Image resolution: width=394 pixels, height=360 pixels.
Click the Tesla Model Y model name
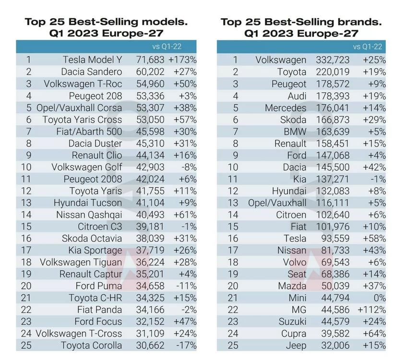pyautogui.click(x=92, y=60)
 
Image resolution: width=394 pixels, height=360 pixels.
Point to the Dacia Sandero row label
pyautogui.click(x=91, y=72)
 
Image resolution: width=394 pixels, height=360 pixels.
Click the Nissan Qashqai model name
pyautogui.click(x=89, y=215)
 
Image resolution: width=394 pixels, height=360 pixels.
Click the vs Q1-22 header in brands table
pyautogui.click(x=368, y=47)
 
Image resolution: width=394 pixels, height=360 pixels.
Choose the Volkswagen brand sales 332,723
pyautogui.click(x=333, y=60)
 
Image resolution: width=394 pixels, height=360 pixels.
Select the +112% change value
pyautogui.click(x=371, y=310)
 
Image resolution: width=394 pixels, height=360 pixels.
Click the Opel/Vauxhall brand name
pyautogui.click(x=277, y=203)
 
